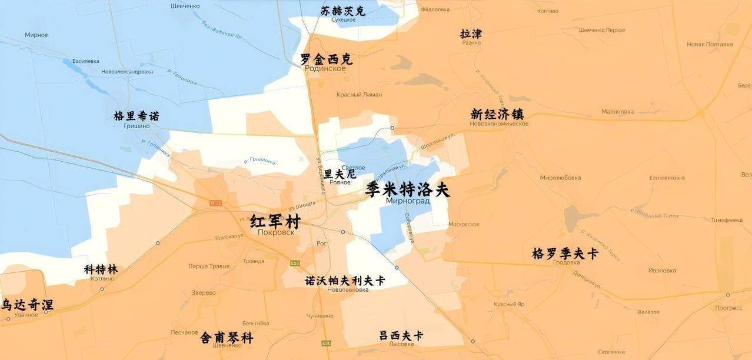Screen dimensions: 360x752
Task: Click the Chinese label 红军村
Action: click(275, 221)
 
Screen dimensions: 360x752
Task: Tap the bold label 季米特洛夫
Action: click(407, 189)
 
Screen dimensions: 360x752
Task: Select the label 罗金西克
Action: click(326, 59)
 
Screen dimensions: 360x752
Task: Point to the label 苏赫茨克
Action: click(342, 11)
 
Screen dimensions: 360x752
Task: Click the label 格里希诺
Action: click(136, 116)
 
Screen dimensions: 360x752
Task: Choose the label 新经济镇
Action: click(497, 114)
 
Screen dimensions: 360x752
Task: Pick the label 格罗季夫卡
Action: click(565, 254)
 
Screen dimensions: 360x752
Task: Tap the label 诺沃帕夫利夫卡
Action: click(345, 281)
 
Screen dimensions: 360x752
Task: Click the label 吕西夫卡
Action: click(401, 335)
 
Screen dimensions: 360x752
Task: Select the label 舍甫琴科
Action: click(227, 337)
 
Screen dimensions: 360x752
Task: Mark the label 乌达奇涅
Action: click(26, 305)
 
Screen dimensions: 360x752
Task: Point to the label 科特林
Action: click(101, 269)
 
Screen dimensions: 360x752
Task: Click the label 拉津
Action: click(471, 34)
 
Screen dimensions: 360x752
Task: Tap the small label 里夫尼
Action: click(340, 174)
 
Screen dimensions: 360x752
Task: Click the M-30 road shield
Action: click(215, 203)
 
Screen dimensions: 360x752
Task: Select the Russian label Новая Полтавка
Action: click(710, 44)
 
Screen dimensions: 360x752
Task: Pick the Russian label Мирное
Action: click(36, 35)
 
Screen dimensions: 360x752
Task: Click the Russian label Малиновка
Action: click(617, 111)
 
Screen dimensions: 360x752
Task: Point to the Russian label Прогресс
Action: click(728, 308)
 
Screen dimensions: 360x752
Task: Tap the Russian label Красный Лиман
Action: click(359, 94)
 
